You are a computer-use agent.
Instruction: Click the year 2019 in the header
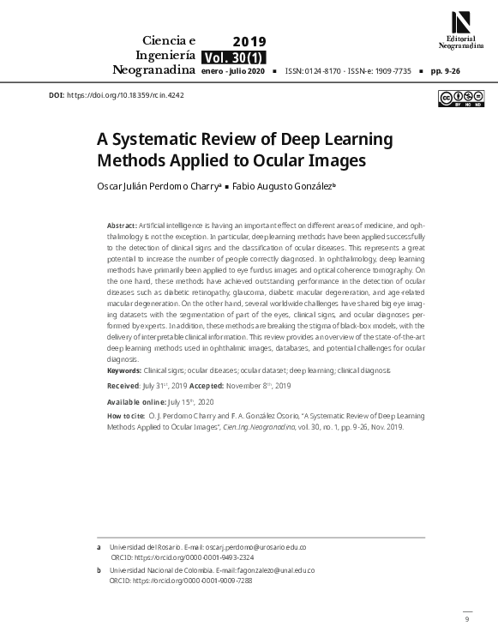pyautogui.click(x=249, y=41)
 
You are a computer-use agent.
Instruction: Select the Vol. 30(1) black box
pyautogui.click(x=233, y=57)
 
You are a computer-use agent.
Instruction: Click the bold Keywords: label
pyautogui.click(x=124, y=370)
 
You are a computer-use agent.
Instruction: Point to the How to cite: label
pyautogui.click(x=126, y=416)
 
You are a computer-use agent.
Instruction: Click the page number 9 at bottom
pyautogui.click(x=467, y=618)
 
